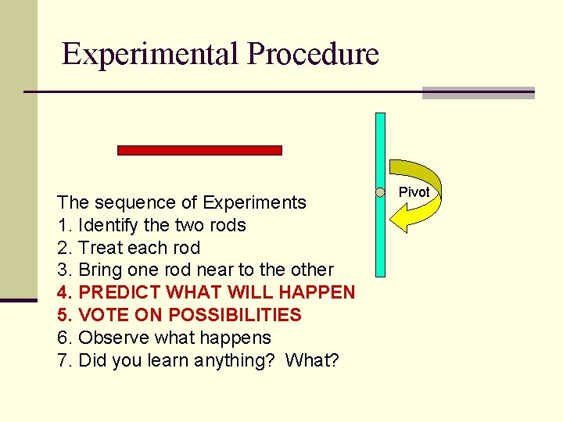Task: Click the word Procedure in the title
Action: [313, 54]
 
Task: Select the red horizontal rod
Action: [199, 150]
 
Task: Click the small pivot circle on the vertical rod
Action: [380, 192]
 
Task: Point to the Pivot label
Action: [414, 192]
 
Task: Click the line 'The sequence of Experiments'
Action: [181, 202]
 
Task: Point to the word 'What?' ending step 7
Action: [312, 361]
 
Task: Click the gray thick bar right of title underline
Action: [478, 93]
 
